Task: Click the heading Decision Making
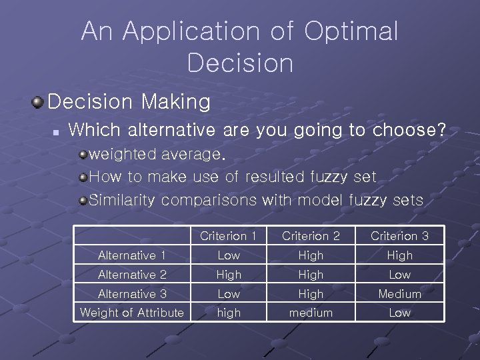(129, 102)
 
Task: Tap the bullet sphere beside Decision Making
(37, 103)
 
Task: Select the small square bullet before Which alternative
(57, 131)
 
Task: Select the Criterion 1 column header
(228, 236)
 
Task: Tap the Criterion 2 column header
(311, 236)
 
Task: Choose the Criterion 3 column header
(399, 236)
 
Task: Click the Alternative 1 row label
(131, 255)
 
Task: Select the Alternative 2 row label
(131, 275)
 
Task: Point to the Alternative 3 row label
(131, 294)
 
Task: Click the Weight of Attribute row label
(131, 313)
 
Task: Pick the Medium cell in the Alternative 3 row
(399, 294)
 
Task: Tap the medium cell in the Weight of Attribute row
(311, 313)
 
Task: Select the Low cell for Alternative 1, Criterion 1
(229, 255)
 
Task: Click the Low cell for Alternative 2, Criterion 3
(399, 275)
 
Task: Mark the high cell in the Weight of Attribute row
(229, 313)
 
